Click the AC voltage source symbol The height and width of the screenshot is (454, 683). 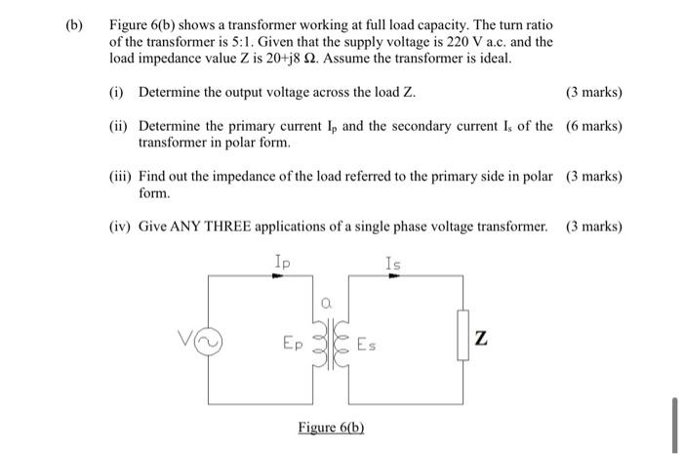(212, 343)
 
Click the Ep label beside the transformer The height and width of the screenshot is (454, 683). (293, 344)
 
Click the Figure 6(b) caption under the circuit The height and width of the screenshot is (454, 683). (332, 428)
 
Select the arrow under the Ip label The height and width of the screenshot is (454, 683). (278, 276)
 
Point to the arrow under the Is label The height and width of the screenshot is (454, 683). (392, 276)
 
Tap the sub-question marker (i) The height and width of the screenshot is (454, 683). (117, 93)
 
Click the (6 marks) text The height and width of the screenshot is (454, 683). (593, 126)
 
